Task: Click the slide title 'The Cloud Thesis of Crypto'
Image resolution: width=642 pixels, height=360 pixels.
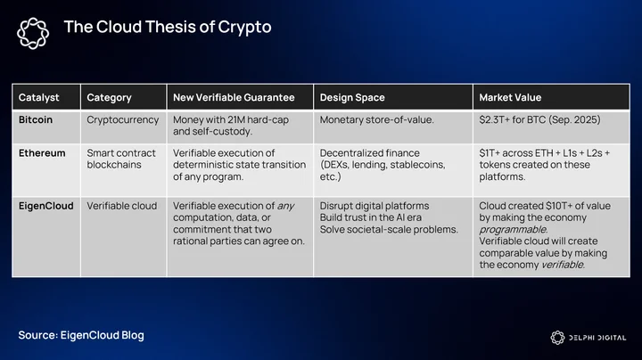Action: pyautogui.click(x=168, y=27)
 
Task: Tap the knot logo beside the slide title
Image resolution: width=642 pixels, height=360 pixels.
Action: pyautogui.click(x=33, y=33)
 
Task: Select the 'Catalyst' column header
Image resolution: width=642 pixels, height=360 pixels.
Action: pyautogui.click(x=39, y=97)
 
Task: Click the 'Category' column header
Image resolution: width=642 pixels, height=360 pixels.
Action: pyautogui.click(x=109, y=97)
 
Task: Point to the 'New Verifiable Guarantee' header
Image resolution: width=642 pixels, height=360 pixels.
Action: pyautogui.click(x=234, y=97)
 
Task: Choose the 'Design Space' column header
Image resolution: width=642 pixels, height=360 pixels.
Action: pyautogui.click(x=352, y=97)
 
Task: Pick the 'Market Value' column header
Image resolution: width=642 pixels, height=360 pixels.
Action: pyautogui.click(x=510, y=97)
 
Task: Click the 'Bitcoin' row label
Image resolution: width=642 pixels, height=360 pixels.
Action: pyautogui.click(x=36, y=120)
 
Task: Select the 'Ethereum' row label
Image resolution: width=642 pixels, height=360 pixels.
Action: pyautogui.click(x=42, y=153)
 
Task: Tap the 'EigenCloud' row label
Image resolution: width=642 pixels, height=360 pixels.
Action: pyautogui.click(x=45, y=206)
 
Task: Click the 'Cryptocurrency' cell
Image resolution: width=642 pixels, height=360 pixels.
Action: pyautogui.click(x=122, y=120)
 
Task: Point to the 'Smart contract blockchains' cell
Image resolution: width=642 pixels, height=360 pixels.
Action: pyautogui.click(x=121, y=159)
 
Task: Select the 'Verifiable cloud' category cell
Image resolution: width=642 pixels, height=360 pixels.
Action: pyautogui.click(x=121, y=206)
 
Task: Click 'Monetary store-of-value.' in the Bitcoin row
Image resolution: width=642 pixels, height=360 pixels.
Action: pyautogui.click(x=376, y=120)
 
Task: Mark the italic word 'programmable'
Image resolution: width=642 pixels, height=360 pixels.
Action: pyautogui.click(x=514, y=230)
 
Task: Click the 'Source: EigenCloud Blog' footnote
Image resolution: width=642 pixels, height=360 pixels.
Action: pyautogui.click(x=81, y=335)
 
